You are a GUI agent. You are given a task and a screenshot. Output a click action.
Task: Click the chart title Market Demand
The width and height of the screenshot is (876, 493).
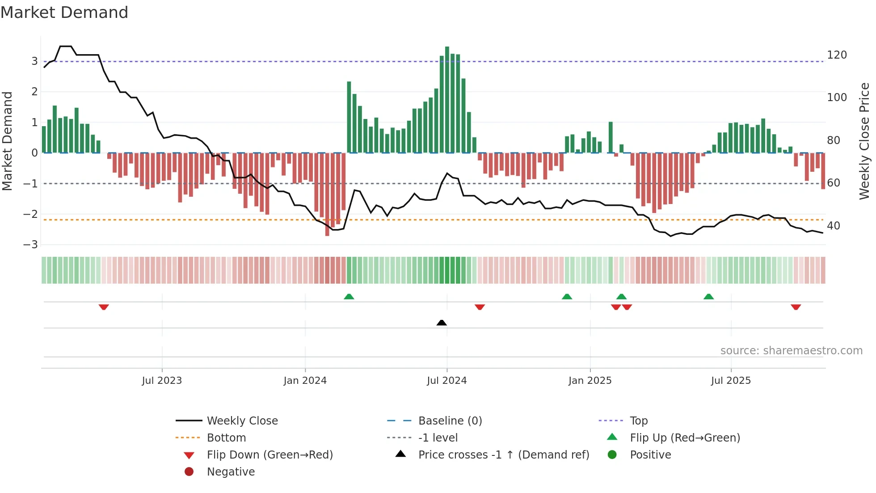point(64,13)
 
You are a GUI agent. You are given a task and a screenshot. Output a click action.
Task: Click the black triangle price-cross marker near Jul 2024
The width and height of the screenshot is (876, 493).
point(442,323)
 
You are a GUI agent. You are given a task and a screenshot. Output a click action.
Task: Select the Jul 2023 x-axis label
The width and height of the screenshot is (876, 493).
point(162,381)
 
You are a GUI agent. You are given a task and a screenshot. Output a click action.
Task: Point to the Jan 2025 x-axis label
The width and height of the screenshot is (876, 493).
point(590,381)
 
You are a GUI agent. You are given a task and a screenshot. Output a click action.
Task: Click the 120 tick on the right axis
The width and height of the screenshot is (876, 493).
point(837,55)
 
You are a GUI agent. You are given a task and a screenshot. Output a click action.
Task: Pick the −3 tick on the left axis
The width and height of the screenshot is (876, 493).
point(31,245)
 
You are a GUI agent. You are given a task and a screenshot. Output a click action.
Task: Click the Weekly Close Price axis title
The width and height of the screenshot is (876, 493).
point(864,141)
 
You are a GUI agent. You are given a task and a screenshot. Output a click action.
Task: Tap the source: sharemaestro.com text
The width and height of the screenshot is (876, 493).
point(791,351)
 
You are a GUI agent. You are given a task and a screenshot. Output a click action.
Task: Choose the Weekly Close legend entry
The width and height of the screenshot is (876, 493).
point(242,421)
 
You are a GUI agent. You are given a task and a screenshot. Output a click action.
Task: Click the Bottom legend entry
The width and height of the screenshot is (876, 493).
point(226,438)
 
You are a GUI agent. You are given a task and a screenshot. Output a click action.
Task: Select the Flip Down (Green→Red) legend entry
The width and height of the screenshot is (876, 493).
point(270,455)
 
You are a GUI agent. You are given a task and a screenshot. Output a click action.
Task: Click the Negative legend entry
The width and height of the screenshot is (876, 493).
point(231,472)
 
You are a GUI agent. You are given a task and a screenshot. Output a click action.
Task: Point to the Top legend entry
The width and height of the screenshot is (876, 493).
point(638,421)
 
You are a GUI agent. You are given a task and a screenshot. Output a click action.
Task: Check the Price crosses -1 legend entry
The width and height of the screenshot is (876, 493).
point(503,455)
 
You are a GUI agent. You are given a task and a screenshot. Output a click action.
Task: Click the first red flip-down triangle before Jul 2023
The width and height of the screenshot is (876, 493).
point(104,307)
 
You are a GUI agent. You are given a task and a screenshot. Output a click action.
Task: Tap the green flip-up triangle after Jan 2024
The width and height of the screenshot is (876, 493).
point(349,297)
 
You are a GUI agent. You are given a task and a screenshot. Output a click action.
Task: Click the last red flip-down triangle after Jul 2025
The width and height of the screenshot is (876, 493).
point(796,307)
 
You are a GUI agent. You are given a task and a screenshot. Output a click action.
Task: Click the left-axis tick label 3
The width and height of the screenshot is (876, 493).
point(34,61)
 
